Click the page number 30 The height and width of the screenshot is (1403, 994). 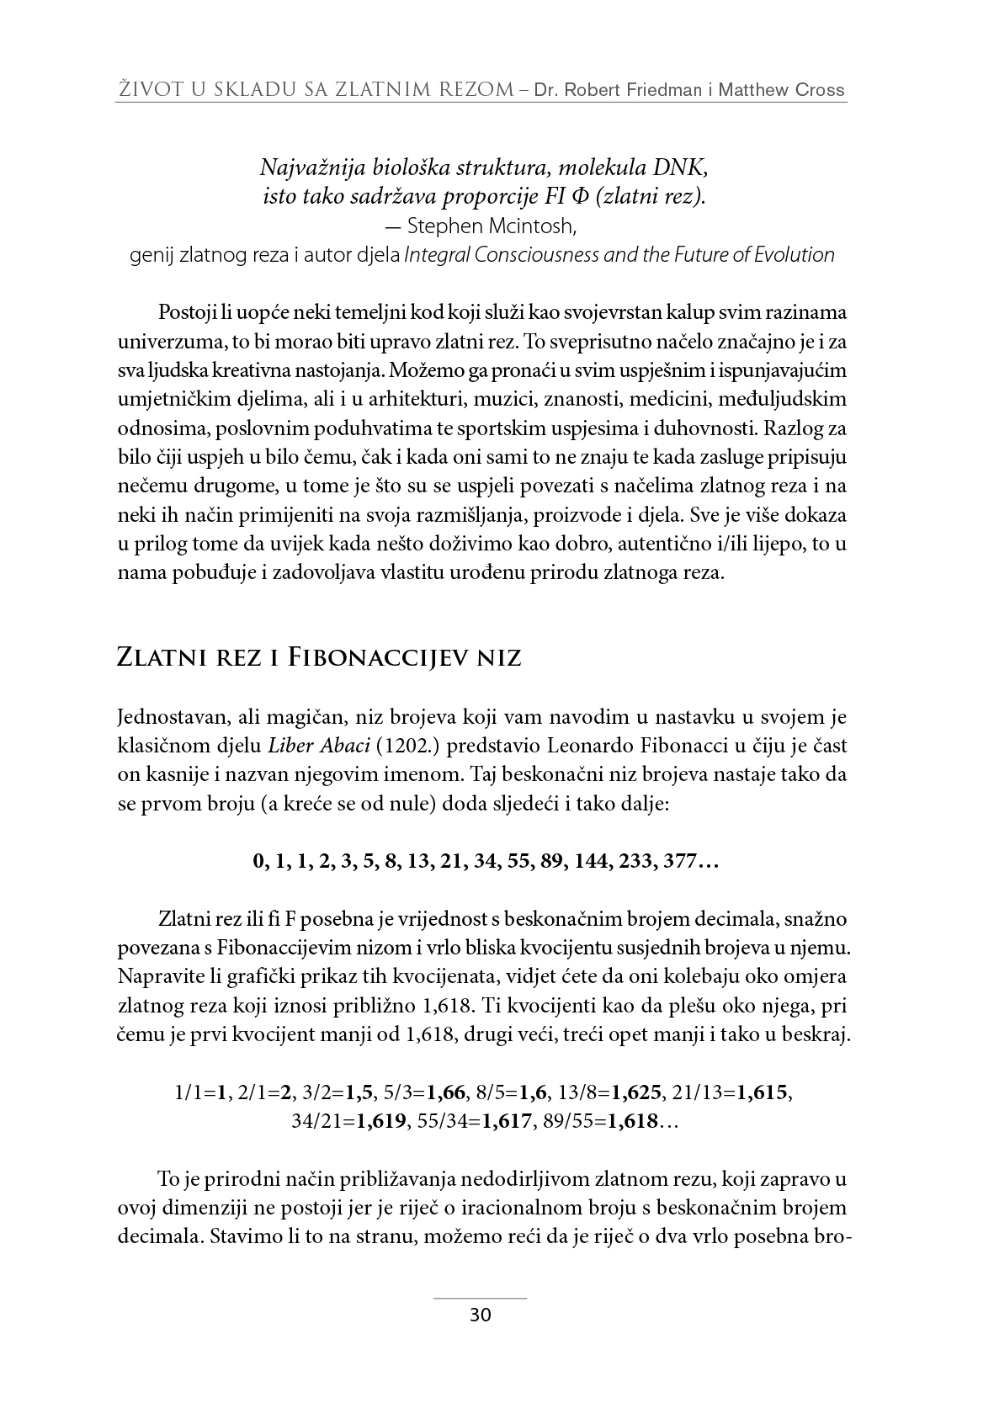[x=480, y=1315]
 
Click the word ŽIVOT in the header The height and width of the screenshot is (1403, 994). [x=148, y=90]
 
